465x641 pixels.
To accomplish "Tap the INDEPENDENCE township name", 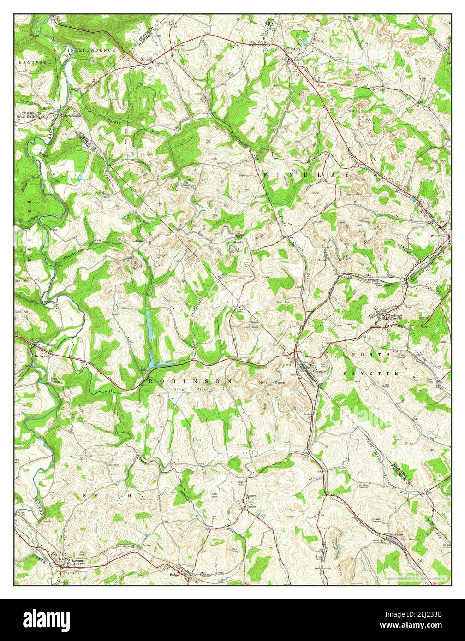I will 91,50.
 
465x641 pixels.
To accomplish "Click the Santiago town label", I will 393,315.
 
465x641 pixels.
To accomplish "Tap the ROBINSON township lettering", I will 191,381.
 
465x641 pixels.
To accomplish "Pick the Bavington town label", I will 41,356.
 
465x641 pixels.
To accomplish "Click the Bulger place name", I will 175,575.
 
